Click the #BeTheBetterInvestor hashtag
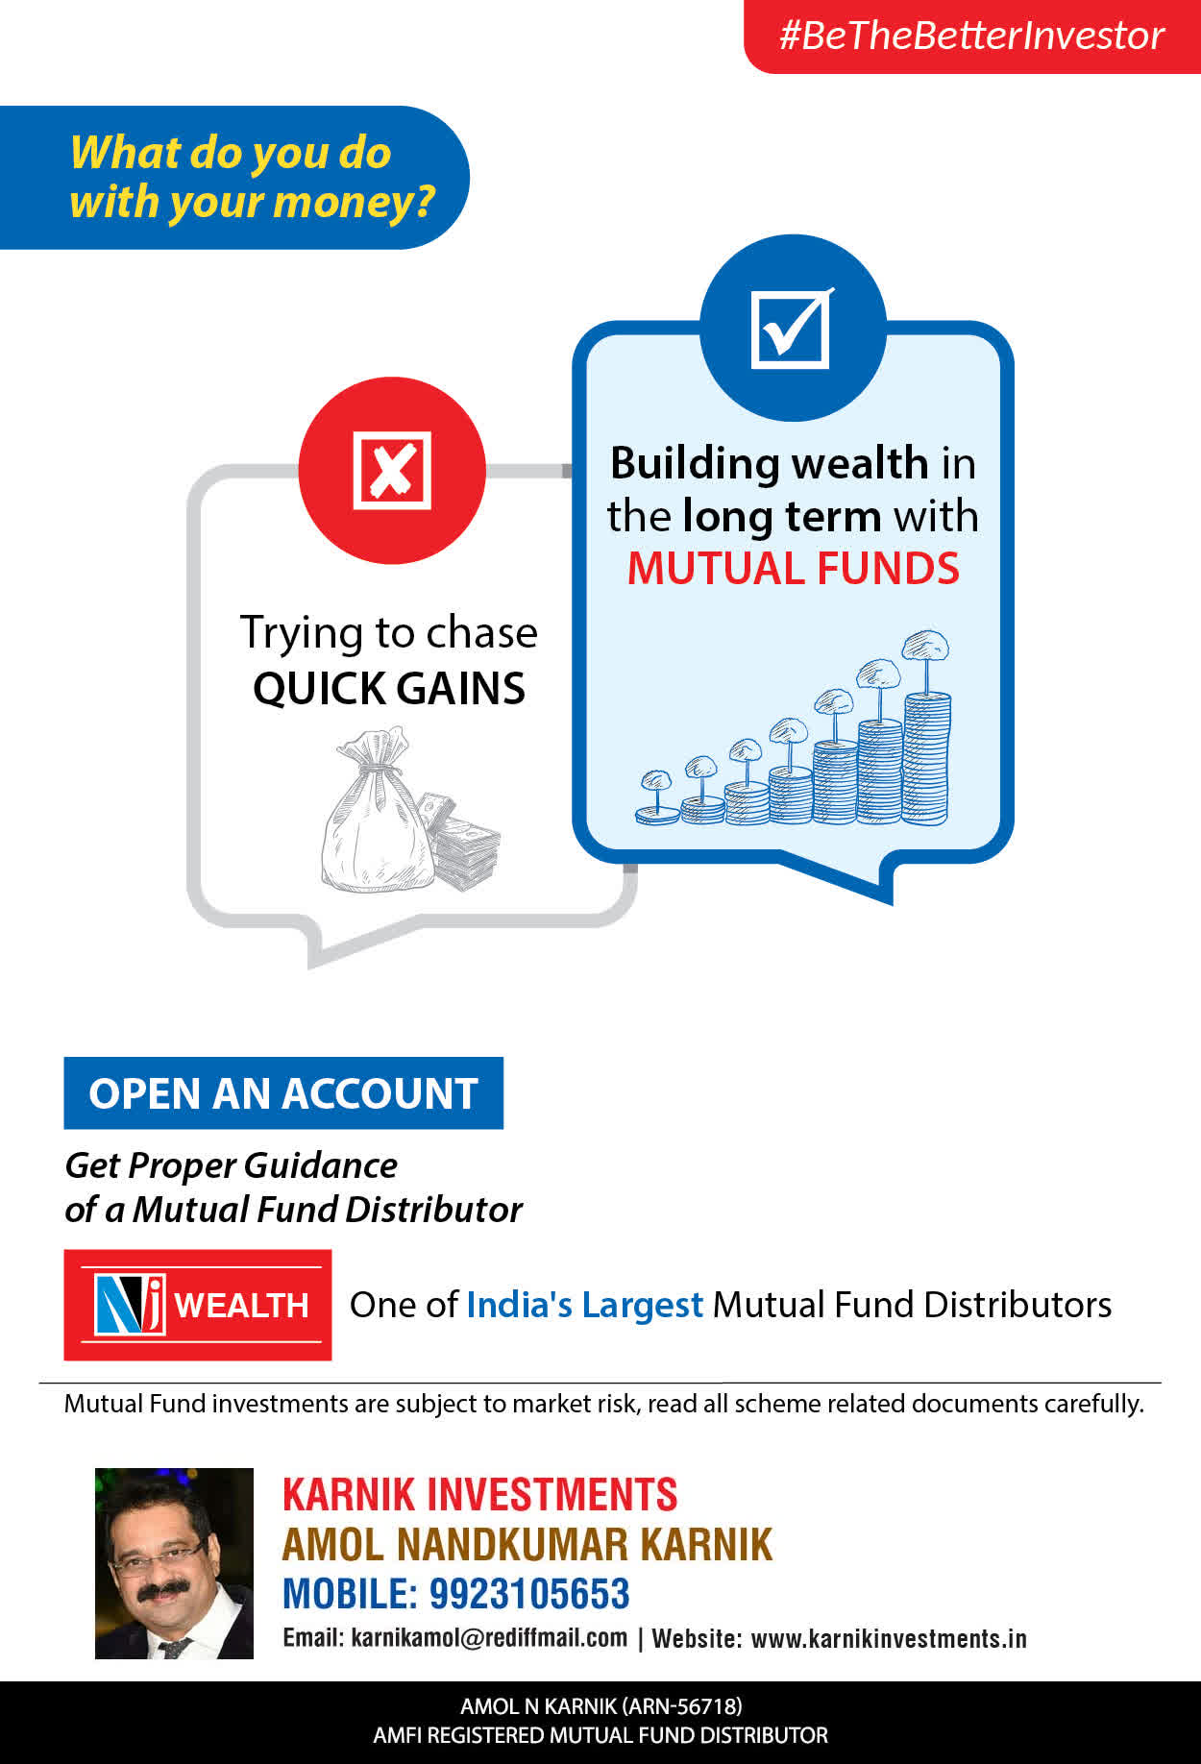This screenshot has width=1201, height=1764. coord(971,36)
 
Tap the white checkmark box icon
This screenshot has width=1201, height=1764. coord(792,328)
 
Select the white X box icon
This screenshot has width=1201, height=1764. coord(392,470)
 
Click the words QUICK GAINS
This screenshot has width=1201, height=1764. coord(389,688)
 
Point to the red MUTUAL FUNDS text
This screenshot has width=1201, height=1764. coord(794,568)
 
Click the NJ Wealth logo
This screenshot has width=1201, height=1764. coord(198,1305)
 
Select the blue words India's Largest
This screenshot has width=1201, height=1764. coord(584,1305)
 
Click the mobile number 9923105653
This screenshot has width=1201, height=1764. coord(528,1594)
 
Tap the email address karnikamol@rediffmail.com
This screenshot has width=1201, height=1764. coord(489,1637)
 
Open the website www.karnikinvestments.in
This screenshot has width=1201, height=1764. coord(889,1638)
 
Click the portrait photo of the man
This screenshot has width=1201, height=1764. coord(174,1563)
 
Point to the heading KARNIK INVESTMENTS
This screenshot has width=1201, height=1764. coord(480,1495)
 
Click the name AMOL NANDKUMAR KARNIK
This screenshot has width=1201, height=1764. coord(527,1545)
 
